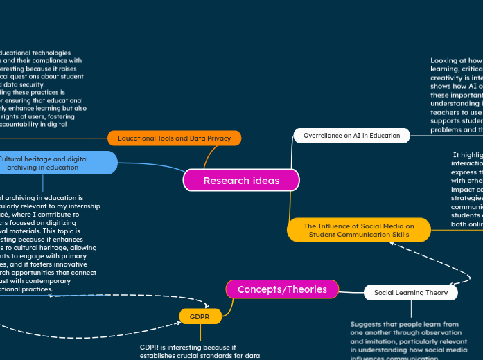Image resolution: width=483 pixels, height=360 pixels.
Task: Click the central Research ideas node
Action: tap(241, 181)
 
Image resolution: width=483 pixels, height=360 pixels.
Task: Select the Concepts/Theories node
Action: tap(282, 289)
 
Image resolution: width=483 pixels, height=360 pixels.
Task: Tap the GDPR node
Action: tap(200, 316)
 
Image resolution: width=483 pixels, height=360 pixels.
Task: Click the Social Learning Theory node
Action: tap(410, 293)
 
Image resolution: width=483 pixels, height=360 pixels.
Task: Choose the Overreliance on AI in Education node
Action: tap(351, 136)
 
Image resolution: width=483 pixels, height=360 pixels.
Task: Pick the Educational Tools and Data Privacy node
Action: tap(174, 138)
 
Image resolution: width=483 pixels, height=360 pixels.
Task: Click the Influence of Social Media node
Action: tap(358, 230)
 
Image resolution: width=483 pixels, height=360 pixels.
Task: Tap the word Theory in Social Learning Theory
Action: tap(437, 293)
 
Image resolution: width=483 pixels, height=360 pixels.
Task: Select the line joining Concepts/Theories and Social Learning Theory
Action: tap(351, 291)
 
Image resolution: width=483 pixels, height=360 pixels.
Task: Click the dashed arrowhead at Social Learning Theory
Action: tap(448, 283)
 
